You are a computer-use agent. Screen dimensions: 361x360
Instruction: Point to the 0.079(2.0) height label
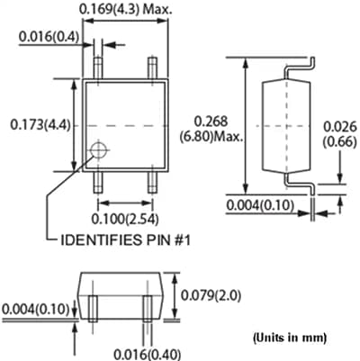click(211, 295)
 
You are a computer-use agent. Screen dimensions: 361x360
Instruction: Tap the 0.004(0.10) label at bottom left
click(35, 309)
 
